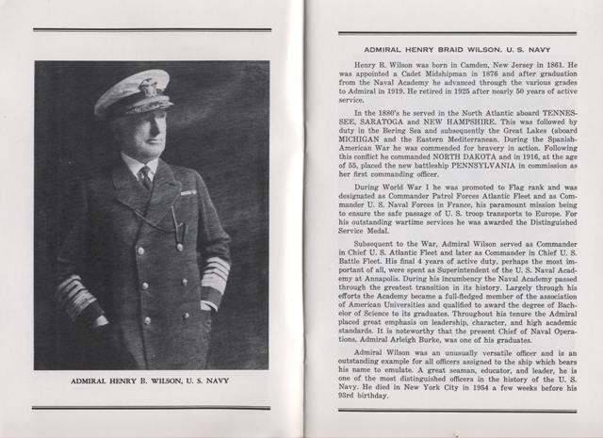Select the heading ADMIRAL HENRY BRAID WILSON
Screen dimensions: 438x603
(x=454, y=47)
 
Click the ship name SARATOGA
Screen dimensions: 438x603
(x=389, y=135)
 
